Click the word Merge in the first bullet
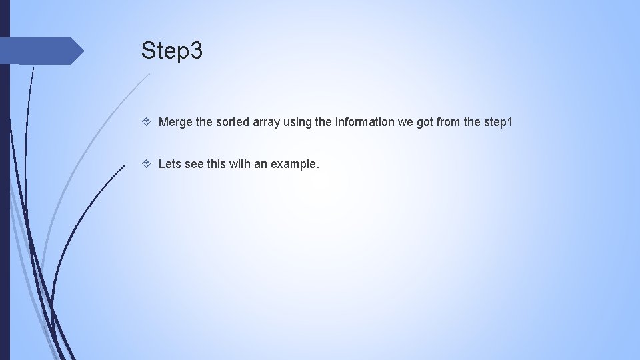tap(175, 123)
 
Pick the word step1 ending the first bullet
tap(497, 123)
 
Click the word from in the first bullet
tap(459, 123)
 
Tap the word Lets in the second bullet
tap(169, 163)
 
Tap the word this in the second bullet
tap(217, 163)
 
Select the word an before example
tap(261, 163)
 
